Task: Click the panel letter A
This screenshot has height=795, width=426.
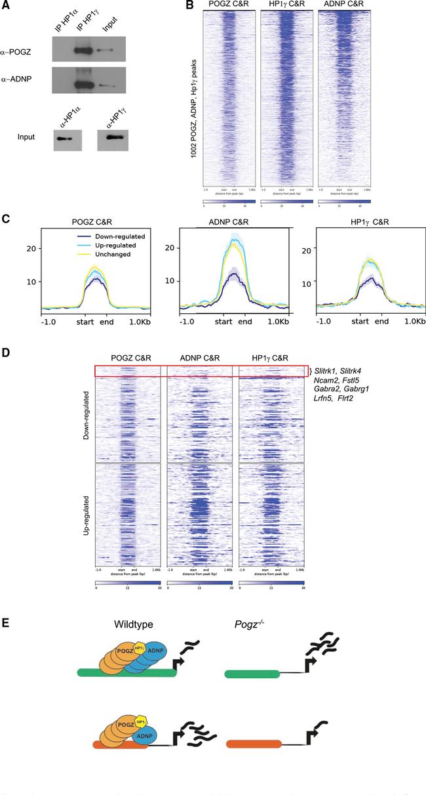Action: (7, 6)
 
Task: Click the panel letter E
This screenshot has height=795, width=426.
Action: (6, 621)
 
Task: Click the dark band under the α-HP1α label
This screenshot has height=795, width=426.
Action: (64, 139)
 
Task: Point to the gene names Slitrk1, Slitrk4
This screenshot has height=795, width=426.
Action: (342, 372)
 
